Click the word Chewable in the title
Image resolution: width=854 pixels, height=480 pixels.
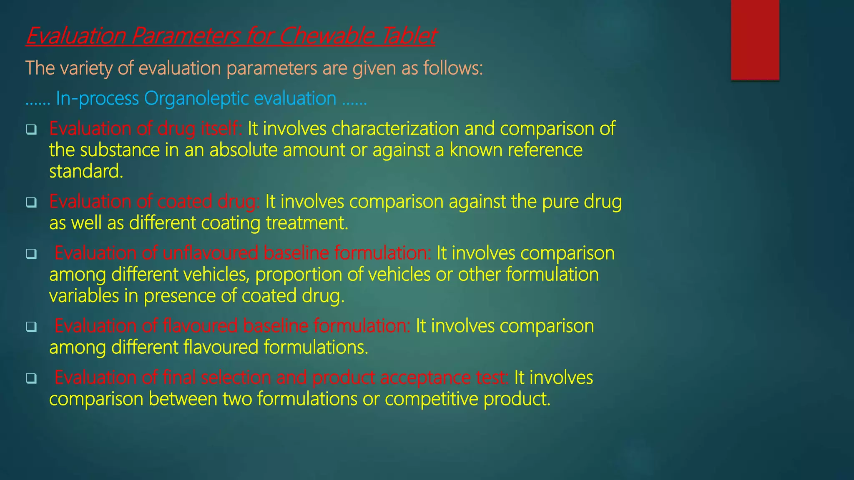326,36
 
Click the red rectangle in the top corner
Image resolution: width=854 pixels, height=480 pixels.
755,40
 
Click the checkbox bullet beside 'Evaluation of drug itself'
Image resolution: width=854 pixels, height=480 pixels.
31,130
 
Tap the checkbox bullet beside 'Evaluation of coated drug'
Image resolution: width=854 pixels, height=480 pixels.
31,202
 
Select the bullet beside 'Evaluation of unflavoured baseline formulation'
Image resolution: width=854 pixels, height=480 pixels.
31,254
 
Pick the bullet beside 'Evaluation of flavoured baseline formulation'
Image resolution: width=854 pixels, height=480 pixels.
31,327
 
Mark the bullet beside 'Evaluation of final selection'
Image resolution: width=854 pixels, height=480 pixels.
31,378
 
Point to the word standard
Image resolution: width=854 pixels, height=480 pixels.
86,171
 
